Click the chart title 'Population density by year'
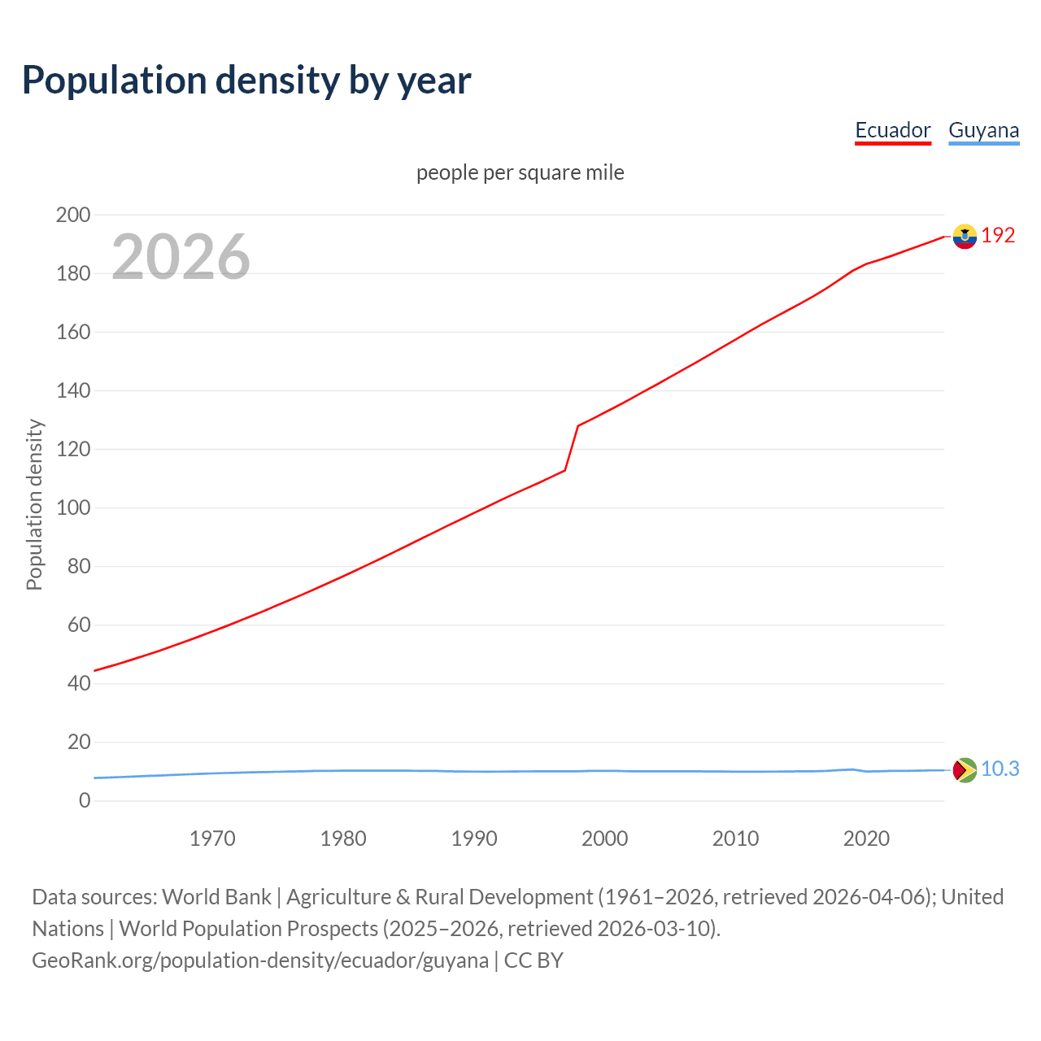click(246, 81)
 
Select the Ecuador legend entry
click(892, 130)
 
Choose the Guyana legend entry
click(983, 130)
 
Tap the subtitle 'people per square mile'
click(520, 172)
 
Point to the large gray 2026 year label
click(181, 257)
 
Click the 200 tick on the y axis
click(73, 215)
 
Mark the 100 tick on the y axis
click(73, 507)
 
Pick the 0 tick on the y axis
click(85, 800)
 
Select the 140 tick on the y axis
click(73, 390)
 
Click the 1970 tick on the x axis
click(212, 838)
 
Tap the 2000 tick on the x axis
click(604, 838)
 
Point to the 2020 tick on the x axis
click(866, 838)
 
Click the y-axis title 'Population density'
click(34, 504)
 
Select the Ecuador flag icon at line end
click(965, 236)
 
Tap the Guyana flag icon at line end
click(965, 769)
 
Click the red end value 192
click(998, 235)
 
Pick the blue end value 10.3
click(1000, 769)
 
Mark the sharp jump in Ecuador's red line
click(572, 447)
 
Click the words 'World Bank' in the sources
click(216, 896)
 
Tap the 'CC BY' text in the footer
click(534, 960)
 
